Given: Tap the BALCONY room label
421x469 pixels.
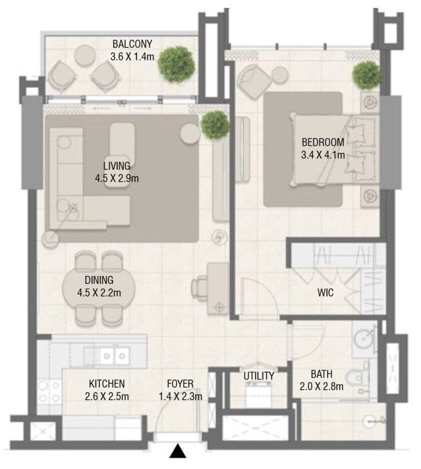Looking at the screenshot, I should [132, 44].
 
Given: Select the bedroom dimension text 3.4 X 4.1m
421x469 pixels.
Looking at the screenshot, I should [323, 155].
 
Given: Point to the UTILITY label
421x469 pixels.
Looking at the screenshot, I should [259, 376].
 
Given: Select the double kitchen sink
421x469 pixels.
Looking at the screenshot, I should [114, 356].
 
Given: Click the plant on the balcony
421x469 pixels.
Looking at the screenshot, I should [177, 64].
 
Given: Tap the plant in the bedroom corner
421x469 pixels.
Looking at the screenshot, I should [367, 75].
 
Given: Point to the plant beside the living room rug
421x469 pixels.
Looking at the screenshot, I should [215, 125].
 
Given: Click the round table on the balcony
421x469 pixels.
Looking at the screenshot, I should [85, 55].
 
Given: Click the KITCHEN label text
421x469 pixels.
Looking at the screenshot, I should [107, 384].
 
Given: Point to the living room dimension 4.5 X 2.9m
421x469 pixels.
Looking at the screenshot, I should [117, 178].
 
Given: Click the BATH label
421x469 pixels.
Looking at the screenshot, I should [321, 375].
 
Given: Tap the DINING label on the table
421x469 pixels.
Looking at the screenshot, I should [99, 281].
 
